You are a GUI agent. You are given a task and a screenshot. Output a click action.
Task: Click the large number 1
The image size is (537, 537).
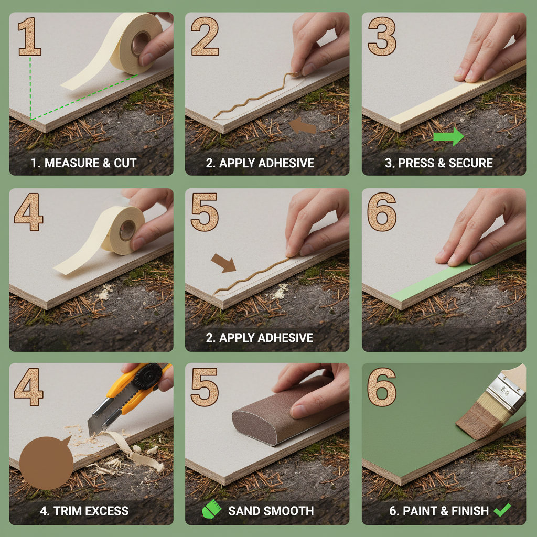[x=29, y=36]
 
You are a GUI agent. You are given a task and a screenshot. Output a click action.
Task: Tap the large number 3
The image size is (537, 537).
[x=381, y=36]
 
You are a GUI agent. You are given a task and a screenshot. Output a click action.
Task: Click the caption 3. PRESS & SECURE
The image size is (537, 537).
[x=439, y=163]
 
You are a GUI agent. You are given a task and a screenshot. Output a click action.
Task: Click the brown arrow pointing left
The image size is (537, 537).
[x=303, y=126]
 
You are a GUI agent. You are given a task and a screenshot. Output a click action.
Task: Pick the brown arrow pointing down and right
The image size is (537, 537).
[x=223, y=262]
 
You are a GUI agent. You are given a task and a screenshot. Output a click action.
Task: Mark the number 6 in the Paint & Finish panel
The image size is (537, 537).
[x=381, y=388]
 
